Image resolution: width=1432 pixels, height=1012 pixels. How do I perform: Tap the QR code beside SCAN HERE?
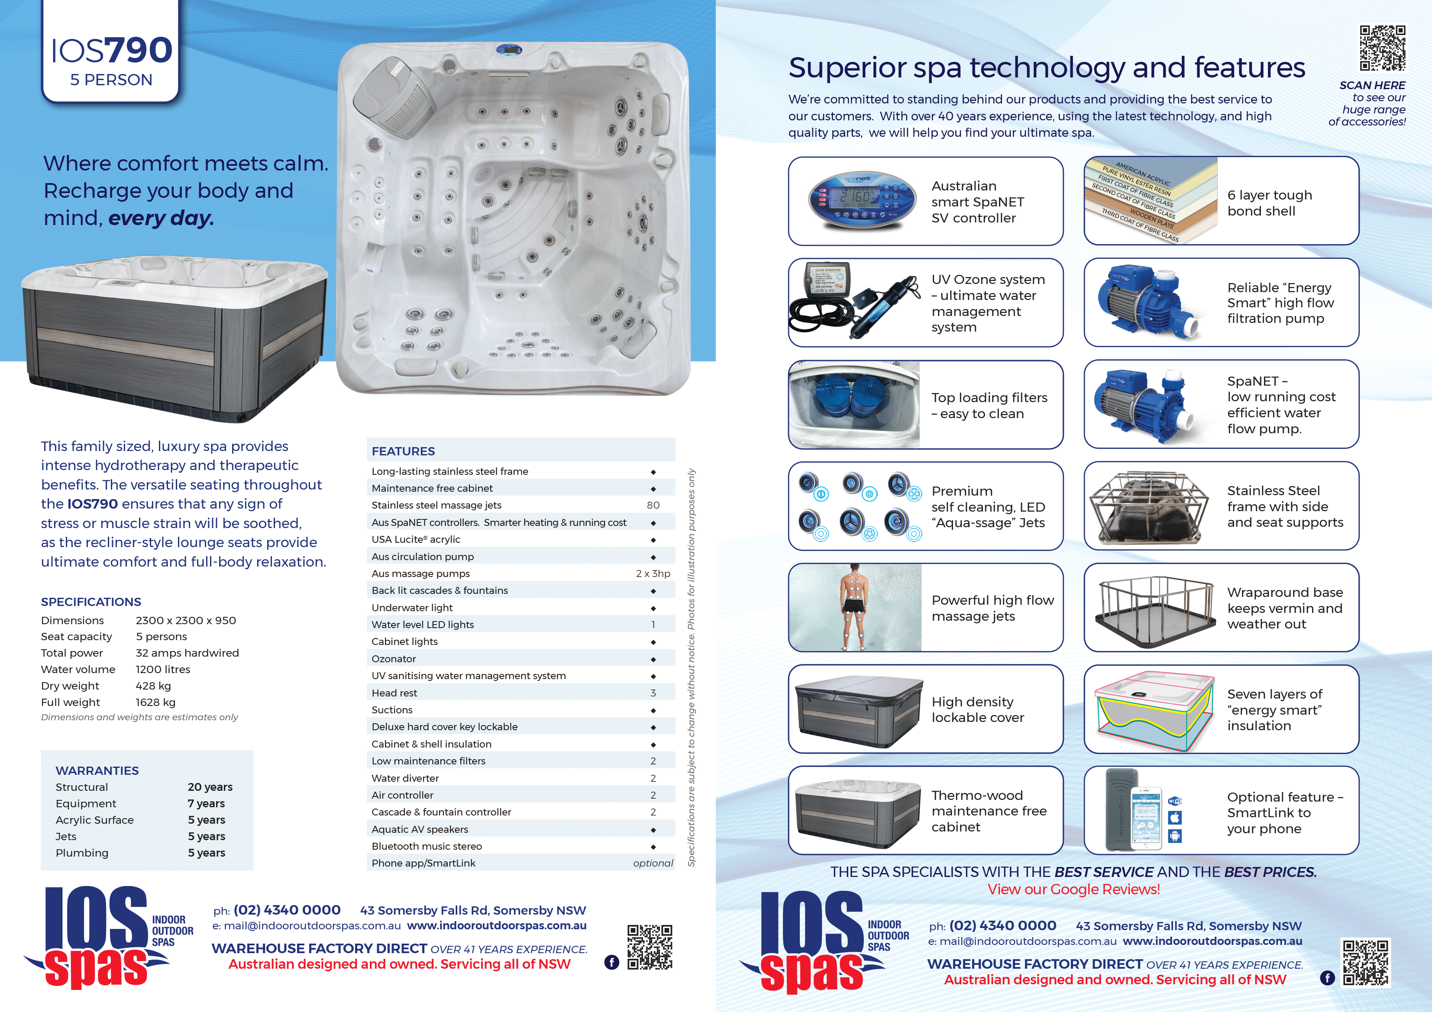(1382, 48)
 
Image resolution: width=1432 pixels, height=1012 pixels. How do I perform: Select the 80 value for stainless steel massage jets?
(653, 505)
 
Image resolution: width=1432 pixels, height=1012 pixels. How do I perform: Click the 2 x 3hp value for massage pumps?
(653, 574)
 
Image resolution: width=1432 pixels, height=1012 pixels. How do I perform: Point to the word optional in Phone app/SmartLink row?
(653, 864)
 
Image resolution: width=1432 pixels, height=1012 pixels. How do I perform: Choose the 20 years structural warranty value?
(210, 787)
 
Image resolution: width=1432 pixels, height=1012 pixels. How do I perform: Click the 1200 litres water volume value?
(163, 670)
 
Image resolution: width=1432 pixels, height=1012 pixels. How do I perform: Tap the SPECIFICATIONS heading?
(91, 602)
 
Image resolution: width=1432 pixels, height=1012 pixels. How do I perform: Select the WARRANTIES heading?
(97, 771)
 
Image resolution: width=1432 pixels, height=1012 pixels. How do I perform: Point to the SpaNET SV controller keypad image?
(862, 201)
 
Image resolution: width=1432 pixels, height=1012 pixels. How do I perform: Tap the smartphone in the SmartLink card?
(1146, 817)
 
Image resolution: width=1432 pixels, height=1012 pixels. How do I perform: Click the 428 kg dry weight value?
(153, 686)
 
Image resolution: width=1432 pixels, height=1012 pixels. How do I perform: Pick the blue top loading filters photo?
(854, 404)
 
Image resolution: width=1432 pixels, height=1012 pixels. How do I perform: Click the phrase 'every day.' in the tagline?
(161, 218)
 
